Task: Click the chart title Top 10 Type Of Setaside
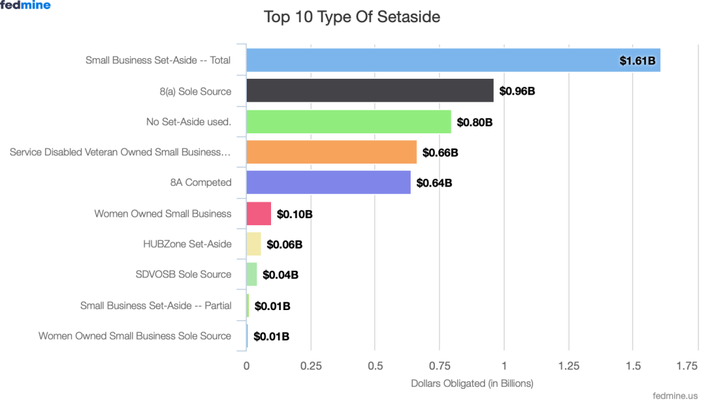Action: tap(352, 17)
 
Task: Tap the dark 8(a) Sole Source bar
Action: tap(370, 90)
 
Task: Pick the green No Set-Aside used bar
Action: tap(348, 122)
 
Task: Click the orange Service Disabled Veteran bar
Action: tap(331, 152)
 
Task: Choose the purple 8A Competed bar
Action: tap(328, 183)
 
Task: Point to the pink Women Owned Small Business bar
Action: tap(259, 213)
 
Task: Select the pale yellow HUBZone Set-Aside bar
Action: tap(254, 244)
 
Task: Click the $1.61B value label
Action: tap(637, 61)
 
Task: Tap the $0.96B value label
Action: tap(517, 91)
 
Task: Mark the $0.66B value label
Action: tap(440, 152)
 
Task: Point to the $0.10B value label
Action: tap(295, 214)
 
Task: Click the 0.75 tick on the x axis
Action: tap(440, 366)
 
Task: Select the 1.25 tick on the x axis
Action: tap(568, 366)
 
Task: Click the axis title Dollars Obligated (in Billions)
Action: tap(472, 383)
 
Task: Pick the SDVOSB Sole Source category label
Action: tap(183, 274)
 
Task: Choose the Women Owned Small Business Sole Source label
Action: tap(135, 336)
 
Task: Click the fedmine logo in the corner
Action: tap(25, 6)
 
